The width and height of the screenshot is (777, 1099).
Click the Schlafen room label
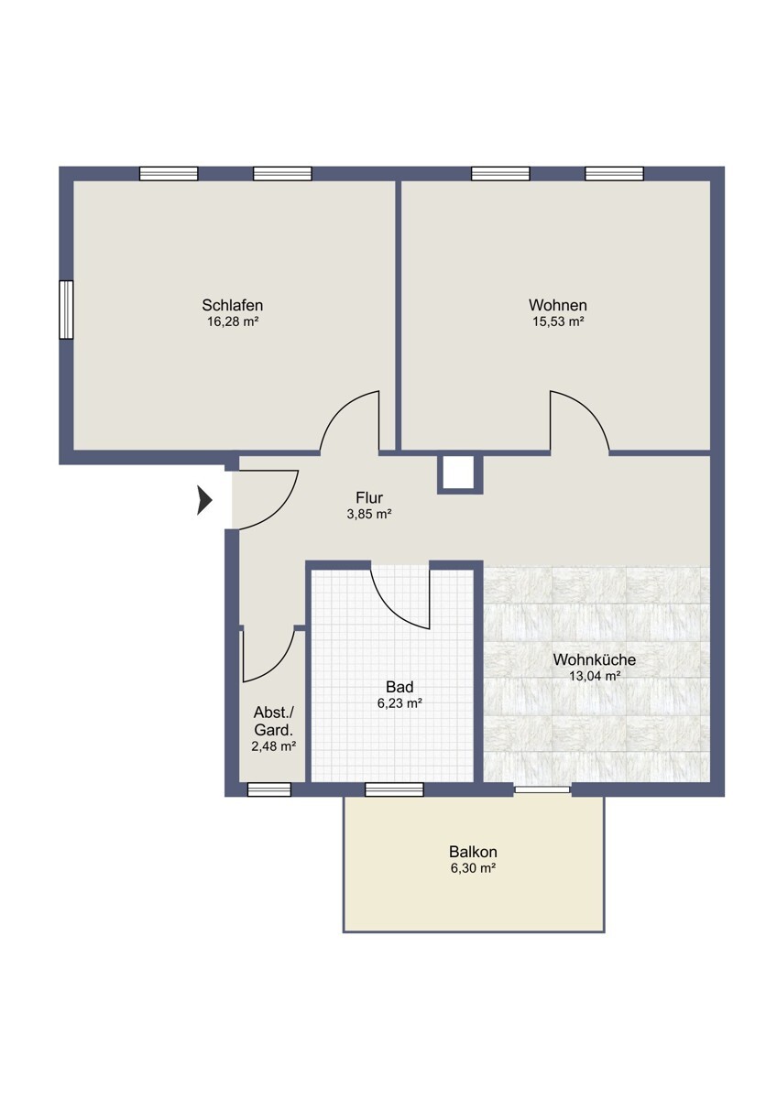[x=232, y=305]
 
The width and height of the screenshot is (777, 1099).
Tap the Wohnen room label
[x=558, y=305]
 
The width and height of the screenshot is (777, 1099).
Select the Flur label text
[x=369, y=498]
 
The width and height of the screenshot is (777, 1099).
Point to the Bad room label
[x=399, y=686]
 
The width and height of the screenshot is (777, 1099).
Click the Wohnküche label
[x=595, y=659]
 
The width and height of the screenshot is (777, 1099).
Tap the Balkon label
[x=473, y=851]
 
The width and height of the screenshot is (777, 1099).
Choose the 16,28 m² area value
[x=233, y=321]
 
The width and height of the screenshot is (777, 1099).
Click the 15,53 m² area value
[x=558, y=321]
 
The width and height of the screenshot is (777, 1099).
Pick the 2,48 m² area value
[x=273, y=746]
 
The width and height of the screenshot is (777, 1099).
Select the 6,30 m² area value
[x=473, y=868]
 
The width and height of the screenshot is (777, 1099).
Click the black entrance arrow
[x=204, y=500]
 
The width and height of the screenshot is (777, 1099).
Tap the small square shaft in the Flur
[x=460, y=473]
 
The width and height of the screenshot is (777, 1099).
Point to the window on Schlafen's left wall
[x=66, y=310]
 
